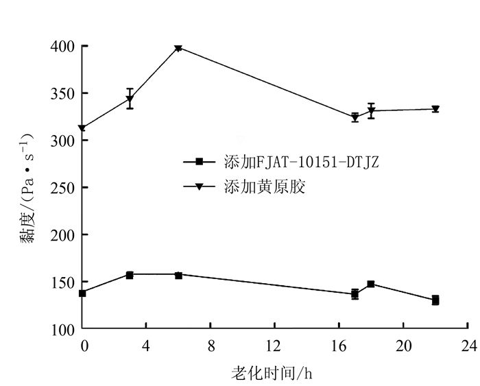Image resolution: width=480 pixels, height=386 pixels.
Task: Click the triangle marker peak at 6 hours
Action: coord(178,48)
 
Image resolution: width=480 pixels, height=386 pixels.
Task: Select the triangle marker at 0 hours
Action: coord(82,128)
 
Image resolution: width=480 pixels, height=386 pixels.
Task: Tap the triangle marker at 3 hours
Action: coord(130,99)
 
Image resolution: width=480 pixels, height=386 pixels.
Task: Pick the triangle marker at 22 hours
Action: coord(435,109)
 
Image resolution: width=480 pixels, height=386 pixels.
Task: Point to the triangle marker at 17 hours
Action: coord(355,117)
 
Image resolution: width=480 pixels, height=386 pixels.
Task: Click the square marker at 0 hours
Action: coord(82,293)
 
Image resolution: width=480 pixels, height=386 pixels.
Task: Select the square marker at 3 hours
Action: coord(130,275)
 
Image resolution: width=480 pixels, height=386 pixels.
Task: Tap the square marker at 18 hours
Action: coord(371,284)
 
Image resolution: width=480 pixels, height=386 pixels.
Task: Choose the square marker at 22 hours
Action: coord(435,300)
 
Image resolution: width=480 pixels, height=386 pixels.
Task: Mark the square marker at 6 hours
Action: coord(178,275)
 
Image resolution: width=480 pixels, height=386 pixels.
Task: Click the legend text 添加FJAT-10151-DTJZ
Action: coord(302,162)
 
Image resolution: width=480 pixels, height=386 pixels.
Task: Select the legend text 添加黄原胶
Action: coord(264,186)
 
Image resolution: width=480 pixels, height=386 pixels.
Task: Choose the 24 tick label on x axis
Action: coord(468,344)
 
